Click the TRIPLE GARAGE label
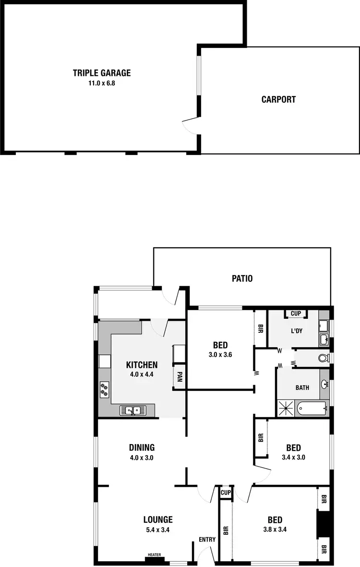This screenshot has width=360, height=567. click(102, 73)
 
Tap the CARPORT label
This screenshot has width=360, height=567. click(278, 100)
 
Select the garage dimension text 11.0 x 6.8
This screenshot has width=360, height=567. click(102, 83)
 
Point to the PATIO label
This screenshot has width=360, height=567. click(242, 278)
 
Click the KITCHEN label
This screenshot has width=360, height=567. click(142, 364)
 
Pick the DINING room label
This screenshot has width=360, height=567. click(142, 448)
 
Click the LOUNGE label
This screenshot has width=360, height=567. click(158, 519)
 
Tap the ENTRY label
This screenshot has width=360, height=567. click(207, 540)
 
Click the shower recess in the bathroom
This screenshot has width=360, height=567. click(287, 409)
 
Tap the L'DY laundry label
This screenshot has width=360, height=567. click(296, 331)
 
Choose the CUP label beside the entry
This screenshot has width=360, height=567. click(225, 493)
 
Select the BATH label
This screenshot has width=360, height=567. click(302, 387)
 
